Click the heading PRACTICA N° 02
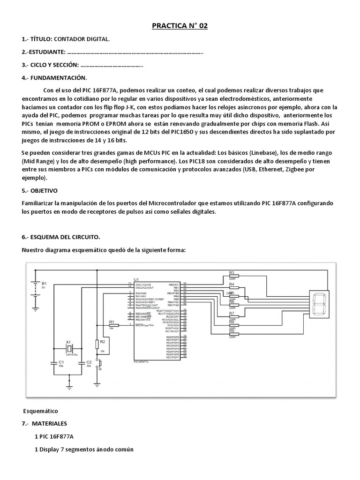tap(180, 26)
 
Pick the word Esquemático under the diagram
tap(41, 411)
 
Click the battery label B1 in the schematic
tap(45, 284)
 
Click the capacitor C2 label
tap(89, 362)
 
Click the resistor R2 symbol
tap(98, 345)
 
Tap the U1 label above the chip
tap(136, 279)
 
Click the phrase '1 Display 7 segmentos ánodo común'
tap(84, 449)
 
